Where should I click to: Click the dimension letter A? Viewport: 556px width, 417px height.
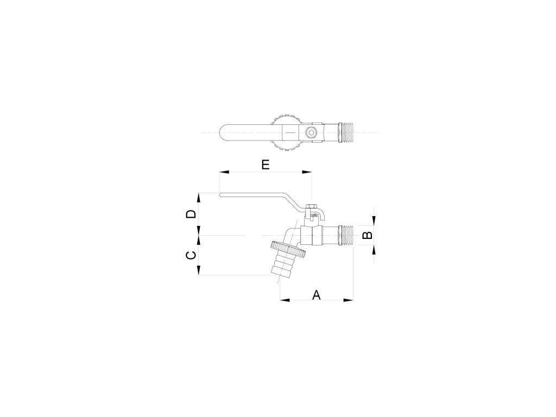click(317, 295)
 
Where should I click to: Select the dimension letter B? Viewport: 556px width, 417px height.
click(369, 235)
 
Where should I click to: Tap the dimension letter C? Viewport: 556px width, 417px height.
click(191, 255)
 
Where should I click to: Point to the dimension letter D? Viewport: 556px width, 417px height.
click(191, 214)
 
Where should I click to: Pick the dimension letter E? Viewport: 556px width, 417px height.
click(266, 165)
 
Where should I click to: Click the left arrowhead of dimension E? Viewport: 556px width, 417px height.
click(224, 172)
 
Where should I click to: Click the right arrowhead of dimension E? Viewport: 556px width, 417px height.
click(307, 172)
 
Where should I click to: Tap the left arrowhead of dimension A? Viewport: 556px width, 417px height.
click(285, 300)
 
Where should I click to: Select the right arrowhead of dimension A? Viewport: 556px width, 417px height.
click(348, 300)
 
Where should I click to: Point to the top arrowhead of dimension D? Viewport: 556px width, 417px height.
click(199, 198)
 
